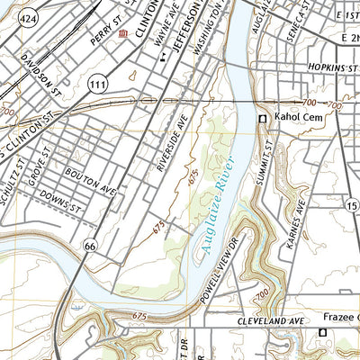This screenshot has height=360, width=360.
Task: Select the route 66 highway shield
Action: point(89,245)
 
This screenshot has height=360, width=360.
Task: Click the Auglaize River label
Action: point(218,206)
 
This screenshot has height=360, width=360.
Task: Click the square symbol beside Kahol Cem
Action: point(264,119)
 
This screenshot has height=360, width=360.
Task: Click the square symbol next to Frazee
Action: point(323,333)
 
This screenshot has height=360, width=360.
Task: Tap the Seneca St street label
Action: point(318,16)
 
